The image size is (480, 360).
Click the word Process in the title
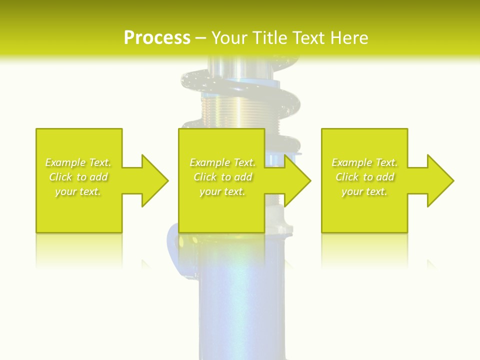point(157,38)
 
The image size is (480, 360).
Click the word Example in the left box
point(65,162)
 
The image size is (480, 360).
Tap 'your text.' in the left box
point(78,191)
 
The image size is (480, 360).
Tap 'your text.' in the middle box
point(222,191)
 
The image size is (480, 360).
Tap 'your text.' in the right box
point(364,191)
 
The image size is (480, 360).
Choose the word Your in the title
point(230,38)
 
